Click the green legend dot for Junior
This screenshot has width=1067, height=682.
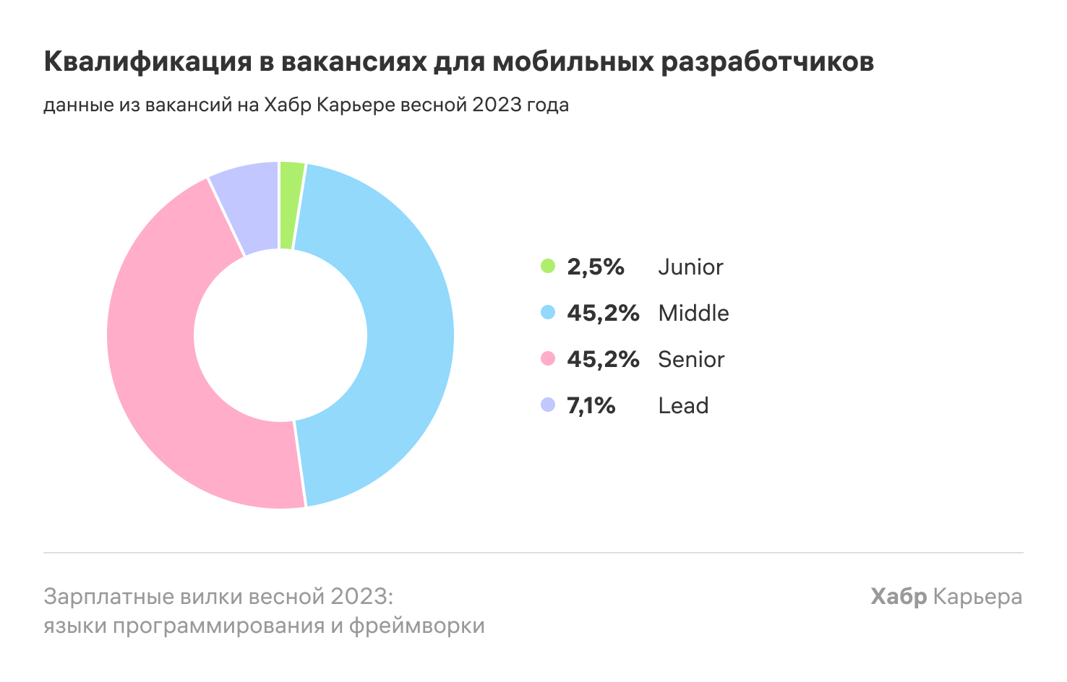(548, 267)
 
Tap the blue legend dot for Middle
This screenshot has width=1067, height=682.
(548, 313)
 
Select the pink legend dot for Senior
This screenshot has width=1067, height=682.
(548, 359)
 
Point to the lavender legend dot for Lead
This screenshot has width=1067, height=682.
(548, 405)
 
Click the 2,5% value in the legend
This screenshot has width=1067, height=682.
(595, 267)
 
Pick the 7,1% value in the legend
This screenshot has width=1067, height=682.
(591, 405)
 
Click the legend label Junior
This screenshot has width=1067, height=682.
(690, 267)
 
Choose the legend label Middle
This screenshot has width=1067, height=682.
(693, 313)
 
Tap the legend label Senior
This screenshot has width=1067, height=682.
(691, 359)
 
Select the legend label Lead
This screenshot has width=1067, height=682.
(683, 405)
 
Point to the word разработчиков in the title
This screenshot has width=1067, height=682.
(767, 62)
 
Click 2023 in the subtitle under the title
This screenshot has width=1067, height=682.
(496, 105)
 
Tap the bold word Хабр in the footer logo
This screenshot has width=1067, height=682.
(899, 597)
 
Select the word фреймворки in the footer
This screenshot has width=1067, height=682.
(416, 625)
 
